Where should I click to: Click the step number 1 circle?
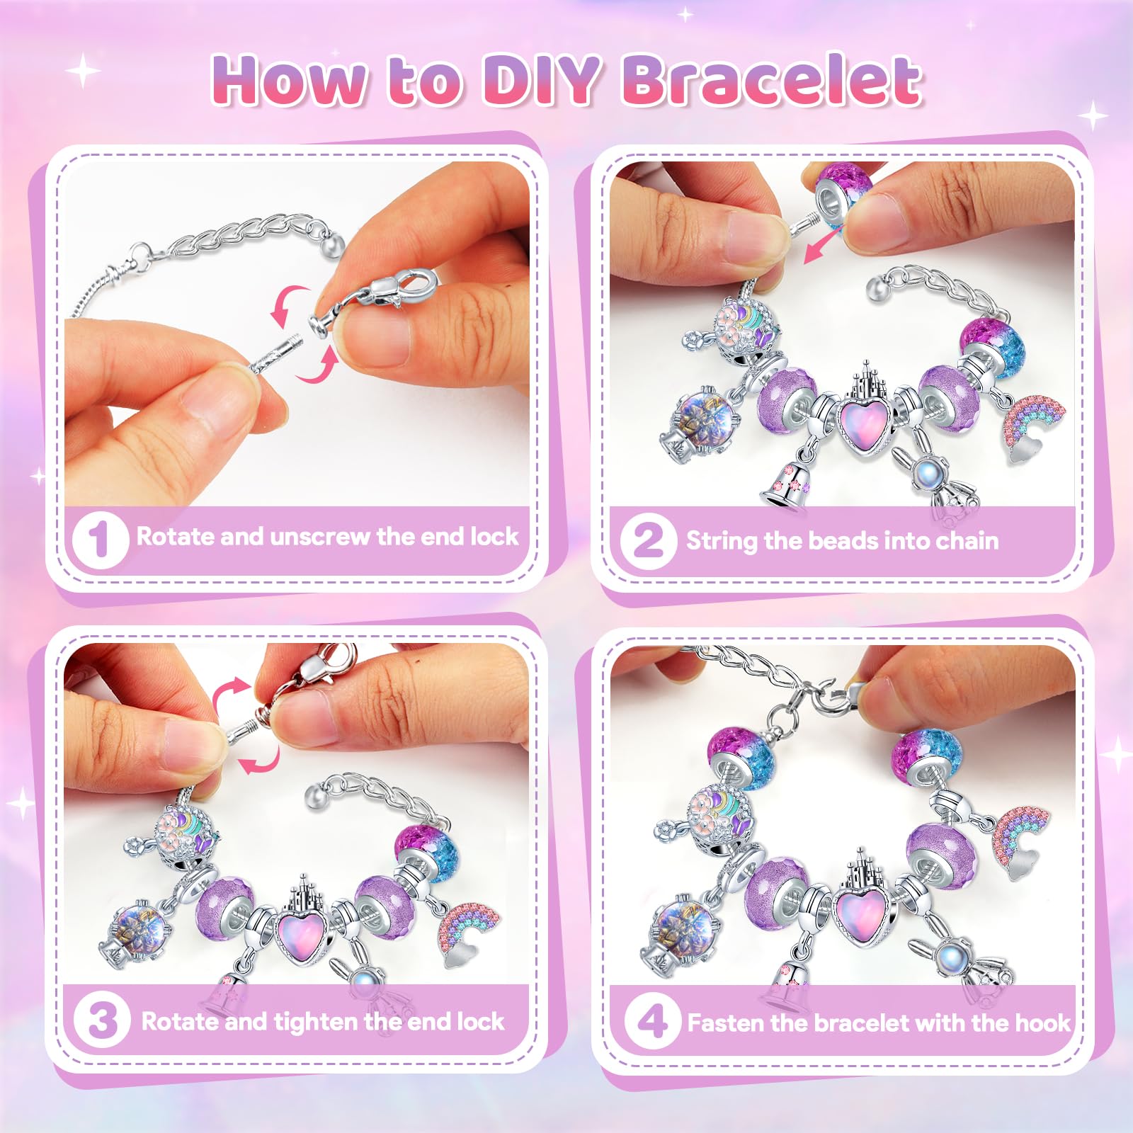pos(100,540)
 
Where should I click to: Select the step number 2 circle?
pos(648,540)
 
